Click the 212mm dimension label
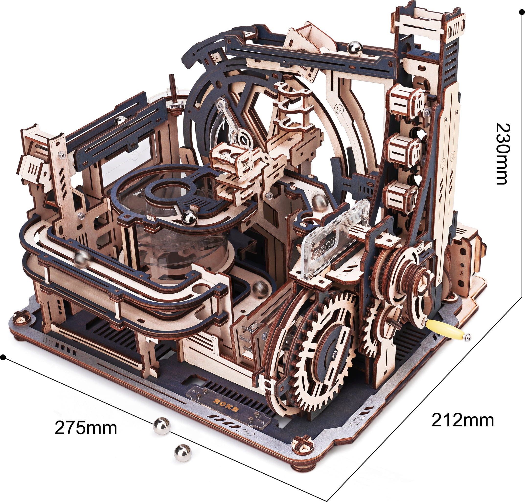click(463, 420)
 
